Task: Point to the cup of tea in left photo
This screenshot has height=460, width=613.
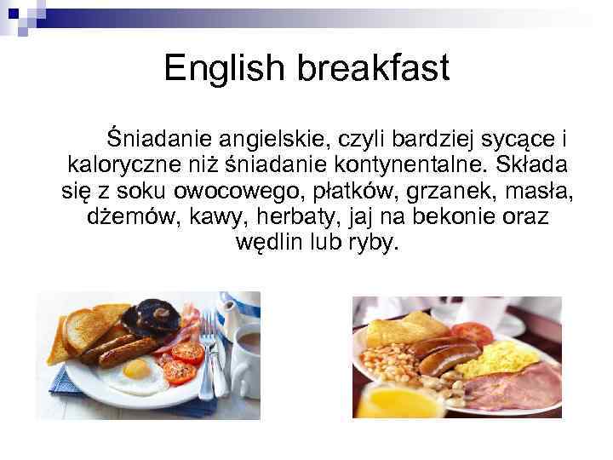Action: tap(246, 345)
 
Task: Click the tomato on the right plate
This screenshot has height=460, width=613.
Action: tap(473, 332)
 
